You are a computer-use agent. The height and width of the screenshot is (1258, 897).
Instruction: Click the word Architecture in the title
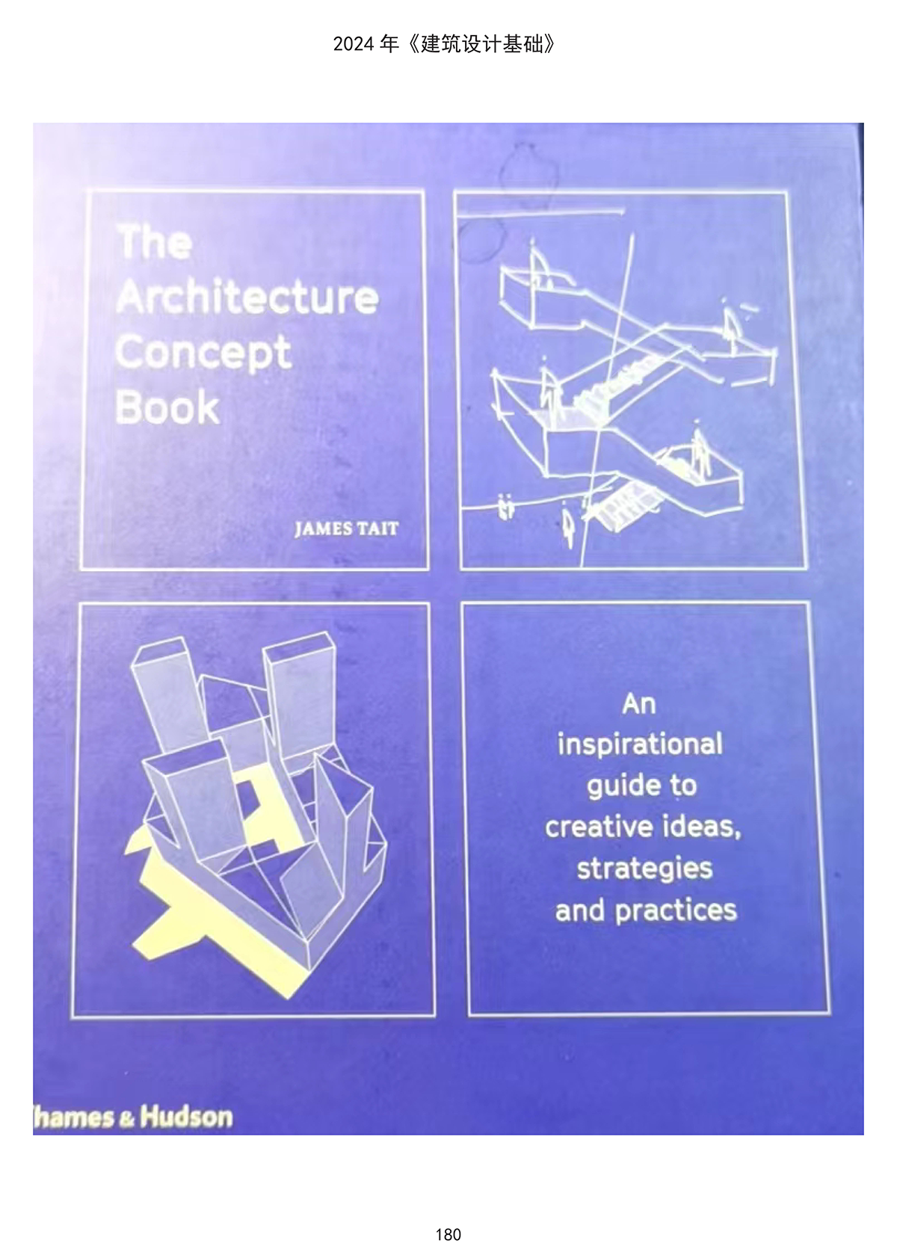click(x=247, y=297)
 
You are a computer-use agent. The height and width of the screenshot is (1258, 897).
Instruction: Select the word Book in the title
click(x=167, y=407)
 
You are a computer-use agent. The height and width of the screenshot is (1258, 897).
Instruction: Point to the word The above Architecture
click(x=155, y=242)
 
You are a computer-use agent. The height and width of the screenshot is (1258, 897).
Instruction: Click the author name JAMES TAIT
click(x=347, y=529)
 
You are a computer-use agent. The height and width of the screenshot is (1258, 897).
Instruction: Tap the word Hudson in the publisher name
click(x=186, y=1117)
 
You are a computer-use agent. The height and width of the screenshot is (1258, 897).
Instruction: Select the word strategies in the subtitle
click(x=645, y=870)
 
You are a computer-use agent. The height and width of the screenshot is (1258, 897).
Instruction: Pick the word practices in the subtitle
click(x=676, y=911)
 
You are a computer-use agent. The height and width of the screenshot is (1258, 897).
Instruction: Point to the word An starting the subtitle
click(x=638, y=704)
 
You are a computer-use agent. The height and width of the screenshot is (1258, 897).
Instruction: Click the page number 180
click(x=449, y=1234)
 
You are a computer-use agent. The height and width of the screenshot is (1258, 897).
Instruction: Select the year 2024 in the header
click(x=354, y=44)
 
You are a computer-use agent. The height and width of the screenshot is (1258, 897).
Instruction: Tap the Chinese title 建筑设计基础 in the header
click(x=482, y=44)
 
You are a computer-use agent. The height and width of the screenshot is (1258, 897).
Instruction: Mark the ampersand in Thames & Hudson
click(x=126, y=1119)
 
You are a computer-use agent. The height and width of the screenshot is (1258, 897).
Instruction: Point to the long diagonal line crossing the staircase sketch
click(x=607, y=401)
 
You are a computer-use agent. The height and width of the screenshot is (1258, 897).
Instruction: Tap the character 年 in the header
click(x=389, y=44)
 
